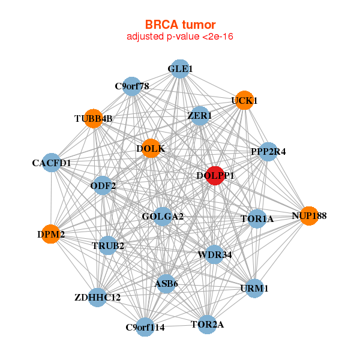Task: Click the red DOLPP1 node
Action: click(x=214, y=175)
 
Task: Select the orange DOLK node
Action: click(x=151, y=148)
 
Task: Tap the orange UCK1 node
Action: click(x=244, y=100)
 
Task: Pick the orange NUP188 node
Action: click(x=309, y=215)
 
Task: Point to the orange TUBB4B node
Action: click(x=93, y=118)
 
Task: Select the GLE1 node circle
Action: click(x=180, y=69)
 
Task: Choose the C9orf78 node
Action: click(x=132, y=86)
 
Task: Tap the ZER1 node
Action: click(x=199, y=115)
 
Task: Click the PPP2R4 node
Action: click(x=268, y=152)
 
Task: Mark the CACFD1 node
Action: click(x=52, y=163)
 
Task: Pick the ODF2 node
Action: click(x=103, y=185)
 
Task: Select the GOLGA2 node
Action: click(x=163, y=216)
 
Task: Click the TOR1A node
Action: click(x=257, y=219)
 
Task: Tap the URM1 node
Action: click(x=255, y=289)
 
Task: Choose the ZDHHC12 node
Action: click(x=98, y=297)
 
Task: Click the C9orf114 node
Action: click(x=145, y=327)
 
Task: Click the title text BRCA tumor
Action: click(x=180, y=25)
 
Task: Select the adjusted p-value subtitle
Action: click(x=180, y=37)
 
